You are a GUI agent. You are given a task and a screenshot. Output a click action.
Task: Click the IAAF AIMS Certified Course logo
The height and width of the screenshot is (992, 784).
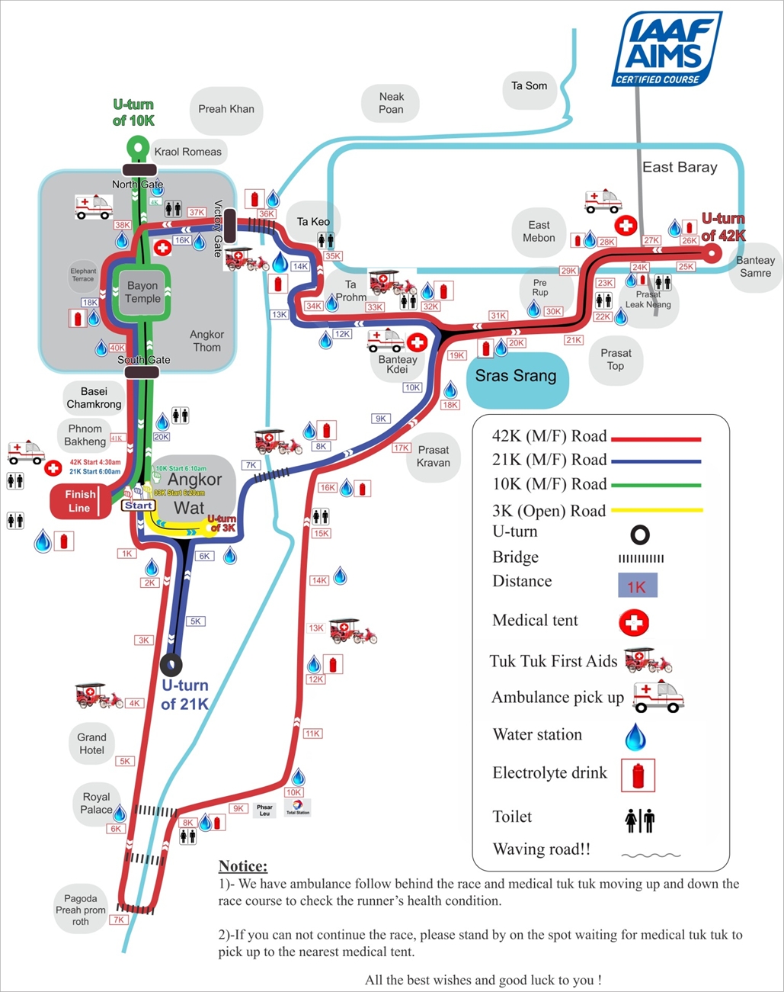667,49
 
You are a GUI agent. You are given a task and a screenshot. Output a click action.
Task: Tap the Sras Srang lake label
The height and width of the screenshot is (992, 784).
516,376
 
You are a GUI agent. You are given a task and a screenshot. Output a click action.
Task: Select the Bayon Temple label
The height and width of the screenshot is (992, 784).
142,292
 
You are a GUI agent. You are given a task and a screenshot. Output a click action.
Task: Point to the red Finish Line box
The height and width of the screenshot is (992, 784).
79,501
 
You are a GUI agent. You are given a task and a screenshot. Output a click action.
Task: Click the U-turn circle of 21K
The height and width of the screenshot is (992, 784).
171,664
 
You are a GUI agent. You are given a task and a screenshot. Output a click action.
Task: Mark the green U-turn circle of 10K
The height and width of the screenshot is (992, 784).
137,146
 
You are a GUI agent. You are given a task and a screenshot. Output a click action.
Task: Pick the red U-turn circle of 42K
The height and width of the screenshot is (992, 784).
711,254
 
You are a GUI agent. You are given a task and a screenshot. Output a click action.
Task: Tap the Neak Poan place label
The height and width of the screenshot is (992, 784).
391,103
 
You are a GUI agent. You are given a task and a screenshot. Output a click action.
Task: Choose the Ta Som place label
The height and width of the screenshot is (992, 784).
529,86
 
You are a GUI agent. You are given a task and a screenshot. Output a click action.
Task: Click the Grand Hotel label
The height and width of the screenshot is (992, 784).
91,743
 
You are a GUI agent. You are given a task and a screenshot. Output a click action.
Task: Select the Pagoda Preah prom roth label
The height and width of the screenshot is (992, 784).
81,910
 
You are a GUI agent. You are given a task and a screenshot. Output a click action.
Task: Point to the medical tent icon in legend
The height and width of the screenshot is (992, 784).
634,622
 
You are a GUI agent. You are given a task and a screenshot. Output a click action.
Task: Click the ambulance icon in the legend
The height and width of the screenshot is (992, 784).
658,695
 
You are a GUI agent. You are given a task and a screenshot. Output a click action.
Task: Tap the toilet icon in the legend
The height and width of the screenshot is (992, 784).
640,820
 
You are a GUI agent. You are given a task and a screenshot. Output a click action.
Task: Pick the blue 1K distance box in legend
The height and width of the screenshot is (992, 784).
637,586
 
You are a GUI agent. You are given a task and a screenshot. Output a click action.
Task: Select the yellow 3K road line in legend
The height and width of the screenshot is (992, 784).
655,509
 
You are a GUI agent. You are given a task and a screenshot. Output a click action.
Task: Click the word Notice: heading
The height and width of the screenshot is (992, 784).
243,865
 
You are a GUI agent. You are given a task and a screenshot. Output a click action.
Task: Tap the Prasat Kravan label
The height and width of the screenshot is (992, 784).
434,456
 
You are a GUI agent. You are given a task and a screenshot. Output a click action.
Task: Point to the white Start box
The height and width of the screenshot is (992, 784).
139,505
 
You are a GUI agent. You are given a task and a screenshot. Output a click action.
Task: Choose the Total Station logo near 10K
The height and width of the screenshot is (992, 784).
298,807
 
